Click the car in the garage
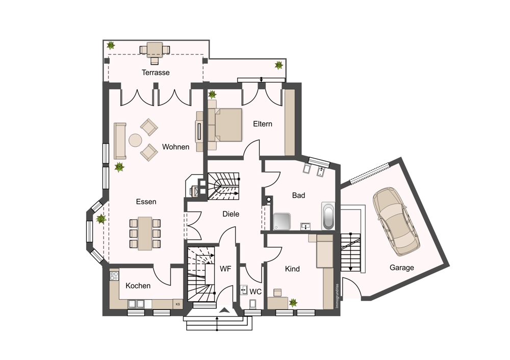pos(396,221)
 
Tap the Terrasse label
pos(156,72)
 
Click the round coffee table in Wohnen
pos(135,141)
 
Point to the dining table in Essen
pos(145,233)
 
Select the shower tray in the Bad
pos(282,221)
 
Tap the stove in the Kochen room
pos(114,276)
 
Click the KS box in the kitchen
pos(177,304)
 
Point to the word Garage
pos(402,268)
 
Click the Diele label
pos(231,214)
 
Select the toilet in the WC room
pos(253,304)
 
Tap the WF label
pos(225,269)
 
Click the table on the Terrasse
pos(155,50)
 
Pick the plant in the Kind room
pos(293,303)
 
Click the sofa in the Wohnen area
pos(120,141)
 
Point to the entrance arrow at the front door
pos(224,310)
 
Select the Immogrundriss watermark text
pos(337,296)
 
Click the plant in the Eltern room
pos(212,95)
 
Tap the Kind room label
pos(292,269)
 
